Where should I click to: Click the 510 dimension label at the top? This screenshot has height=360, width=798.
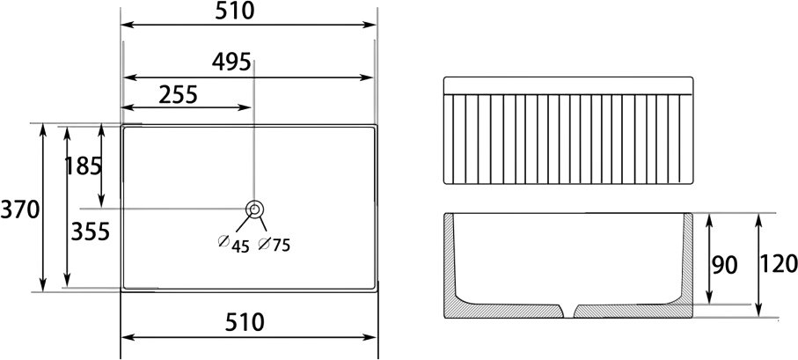pyautogui.click(x=234, y=11)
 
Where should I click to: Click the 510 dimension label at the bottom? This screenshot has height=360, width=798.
pyautogui.click(x=245, y=322)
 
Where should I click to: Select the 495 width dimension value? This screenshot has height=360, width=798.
pyautogui.click(x=231, y=62)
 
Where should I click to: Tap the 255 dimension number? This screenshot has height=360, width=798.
pyautogui.click(x=178, y=95)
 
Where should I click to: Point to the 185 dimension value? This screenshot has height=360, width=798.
pyautogui.click(x=84, y=166)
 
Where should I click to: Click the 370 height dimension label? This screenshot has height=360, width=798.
pyautogui.click(x=20, y=209)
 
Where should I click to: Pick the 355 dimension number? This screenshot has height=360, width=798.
pyautogui.click(x=90, y=232)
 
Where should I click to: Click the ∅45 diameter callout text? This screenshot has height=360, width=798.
pyautogui.click(x=234, y=244)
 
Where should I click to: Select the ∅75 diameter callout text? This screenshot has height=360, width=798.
pyautogui.click(x=274, y=244)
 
